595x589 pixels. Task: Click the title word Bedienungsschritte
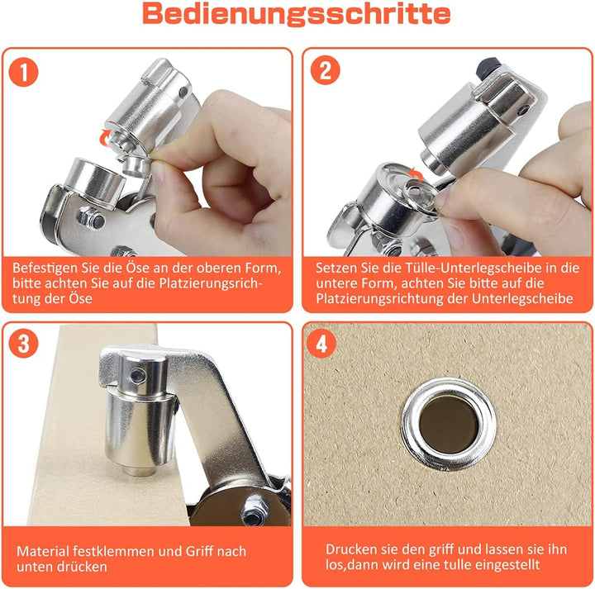click(x=297, y=15)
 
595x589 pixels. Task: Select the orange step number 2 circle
click(x=325, y=72)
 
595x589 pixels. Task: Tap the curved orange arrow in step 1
click(x=105, y=137)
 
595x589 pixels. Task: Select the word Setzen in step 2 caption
click(x=336, y=269)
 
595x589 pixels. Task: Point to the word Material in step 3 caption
click(x=41, y=551)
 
